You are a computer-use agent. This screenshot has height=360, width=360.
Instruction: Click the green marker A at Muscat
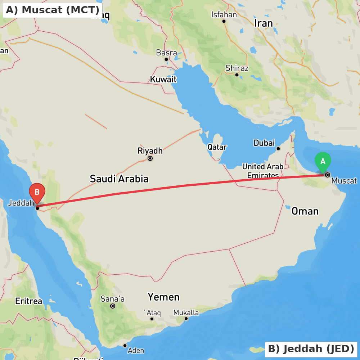323,162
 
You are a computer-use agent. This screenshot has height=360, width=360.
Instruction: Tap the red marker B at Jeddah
37,192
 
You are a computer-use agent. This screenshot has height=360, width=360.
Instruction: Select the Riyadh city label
150,151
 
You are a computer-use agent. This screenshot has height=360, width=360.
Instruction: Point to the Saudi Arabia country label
119,179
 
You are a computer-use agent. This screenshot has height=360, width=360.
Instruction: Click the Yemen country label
163,297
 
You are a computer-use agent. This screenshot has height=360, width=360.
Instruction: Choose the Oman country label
305,211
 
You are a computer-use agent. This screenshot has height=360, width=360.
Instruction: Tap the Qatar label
217,147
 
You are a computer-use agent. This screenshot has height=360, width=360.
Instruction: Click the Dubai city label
264,143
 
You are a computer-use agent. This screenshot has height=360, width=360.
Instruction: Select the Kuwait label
163,79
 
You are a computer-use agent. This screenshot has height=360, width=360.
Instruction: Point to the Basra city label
166,53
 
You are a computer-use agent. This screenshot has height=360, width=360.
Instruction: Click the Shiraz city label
237,68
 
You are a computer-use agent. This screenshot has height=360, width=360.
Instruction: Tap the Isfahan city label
224,15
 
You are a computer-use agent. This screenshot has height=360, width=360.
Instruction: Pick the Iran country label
264,23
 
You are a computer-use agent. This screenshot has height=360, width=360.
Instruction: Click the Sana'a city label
113,299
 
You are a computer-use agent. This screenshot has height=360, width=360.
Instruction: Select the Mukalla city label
186,312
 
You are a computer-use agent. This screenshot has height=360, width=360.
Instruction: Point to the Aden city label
136,350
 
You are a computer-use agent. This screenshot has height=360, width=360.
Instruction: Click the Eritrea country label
28,301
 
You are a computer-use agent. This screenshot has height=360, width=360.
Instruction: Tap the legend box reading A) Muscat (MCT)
53,10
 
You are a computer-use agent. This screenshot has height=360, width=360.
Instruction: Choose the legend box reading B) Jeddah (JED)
311,349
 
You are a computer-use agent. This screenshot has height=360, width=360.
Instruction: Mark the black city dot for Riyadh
150,158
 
